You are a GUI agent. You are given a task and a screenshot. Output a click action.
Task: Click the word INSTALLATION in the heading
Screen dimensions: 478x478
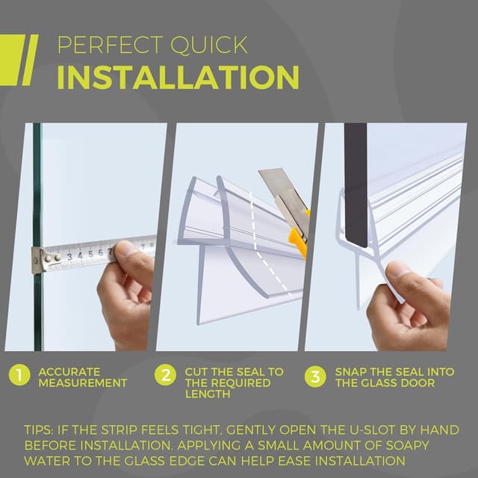(x=178, y=78)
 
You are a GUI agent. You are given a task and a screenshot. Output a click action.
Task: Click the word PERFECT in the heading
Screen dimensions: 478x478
(x=102, y=45)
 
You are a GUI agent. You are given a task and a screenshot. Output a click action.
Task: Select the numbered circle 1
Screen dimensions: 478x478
(x=19, y=376)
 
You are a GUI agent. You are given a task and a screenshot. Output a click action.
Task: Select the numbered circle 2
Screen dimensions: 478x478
(x=165, y=376)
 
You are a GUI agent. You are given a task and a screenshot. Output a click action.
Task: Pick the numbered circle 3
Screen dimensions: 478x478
(x=316, y=376)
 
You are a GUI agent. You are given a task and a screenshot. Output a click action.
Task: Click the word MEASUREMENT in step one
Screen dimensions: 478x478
(x=83, y=383)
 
